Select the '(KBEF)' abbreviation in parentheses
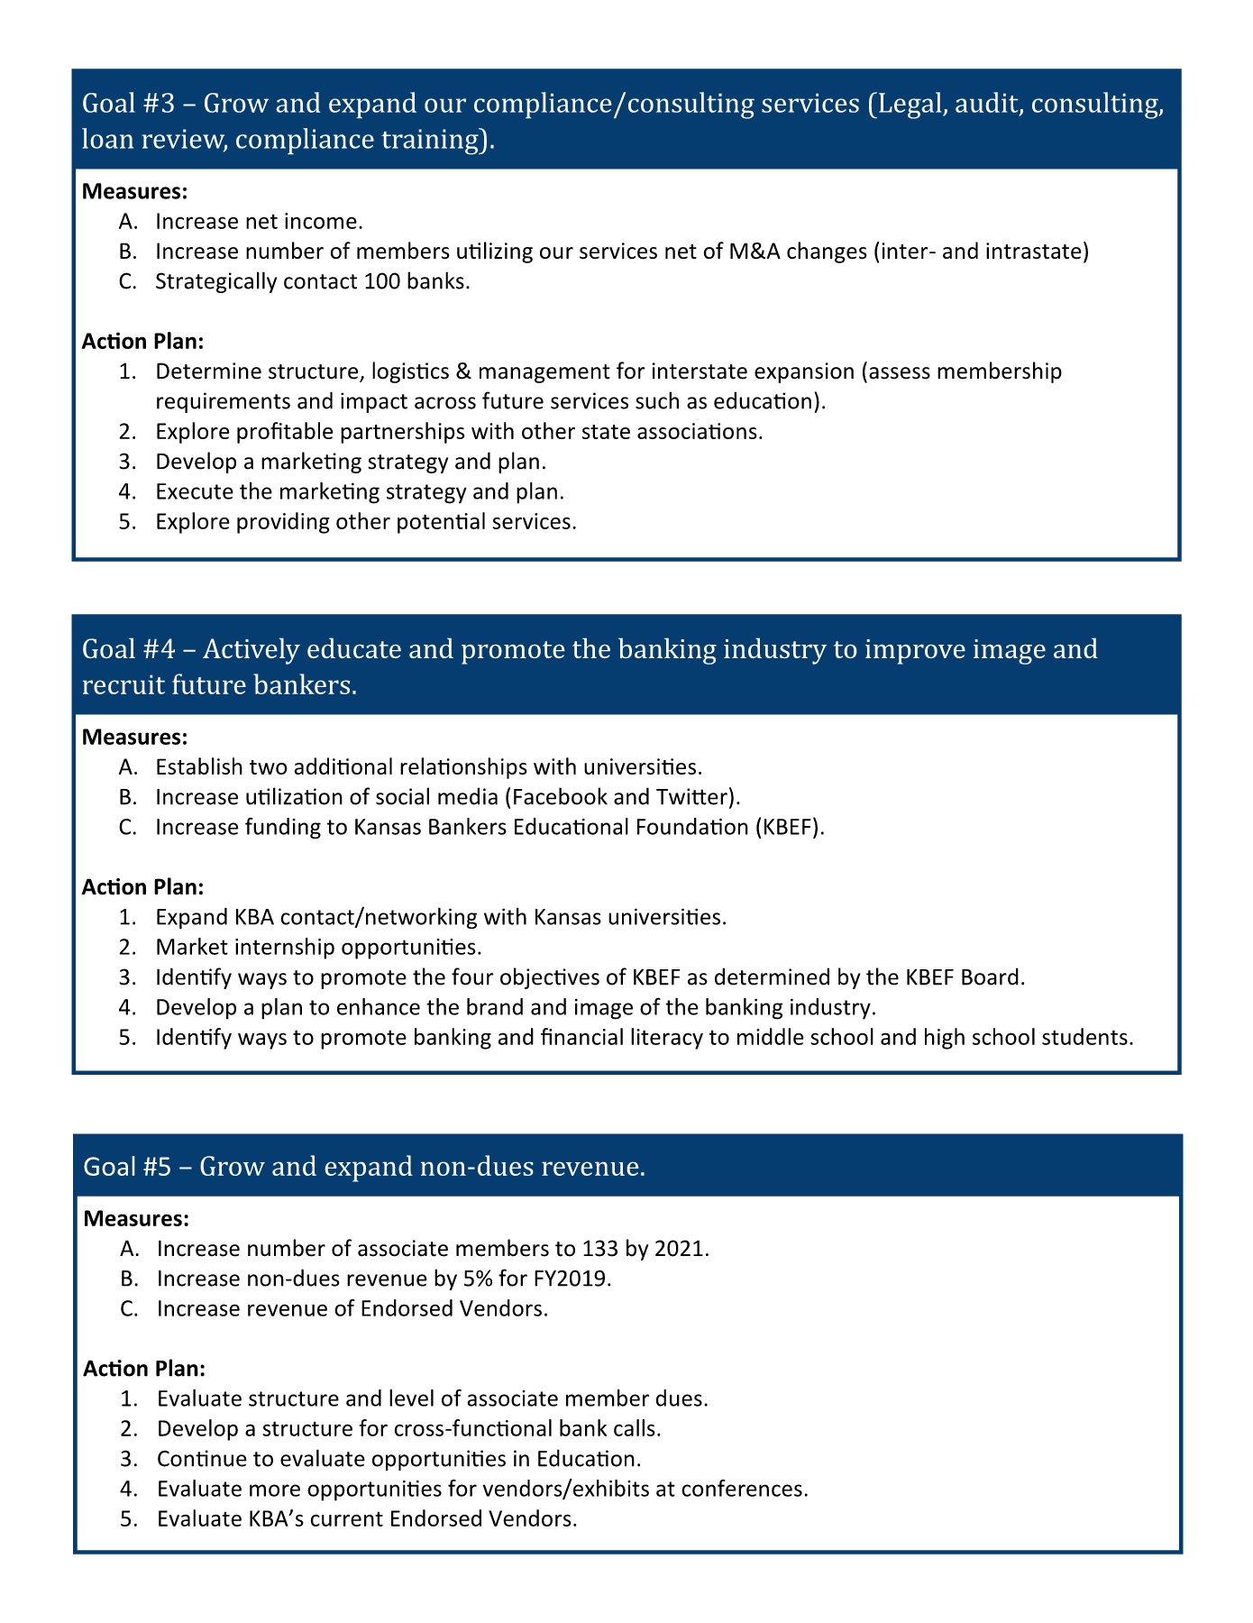790,827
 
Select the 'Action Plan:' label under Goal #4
142,887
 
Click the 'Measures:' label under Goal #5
136,1219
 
